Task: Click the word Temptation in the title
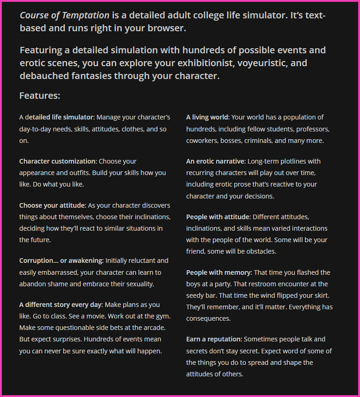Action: [83, 15]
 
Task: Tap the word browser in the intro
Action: [166, 28]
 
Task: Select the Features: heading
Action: [40, 95]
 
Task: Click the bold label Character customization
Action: [58, 161]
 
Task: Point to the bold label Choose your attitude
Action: [53, 206]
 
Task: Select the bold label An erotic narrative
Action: [215, 161]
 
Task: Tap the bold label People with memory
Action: [219, 272]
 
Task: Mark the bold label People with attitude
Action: [218, 217]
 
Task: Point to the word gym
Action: [163, 316]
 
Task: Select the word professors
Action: [312, 129]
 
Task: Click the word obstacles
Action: [258, 251]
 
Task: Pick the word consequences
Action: [209, 319]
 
